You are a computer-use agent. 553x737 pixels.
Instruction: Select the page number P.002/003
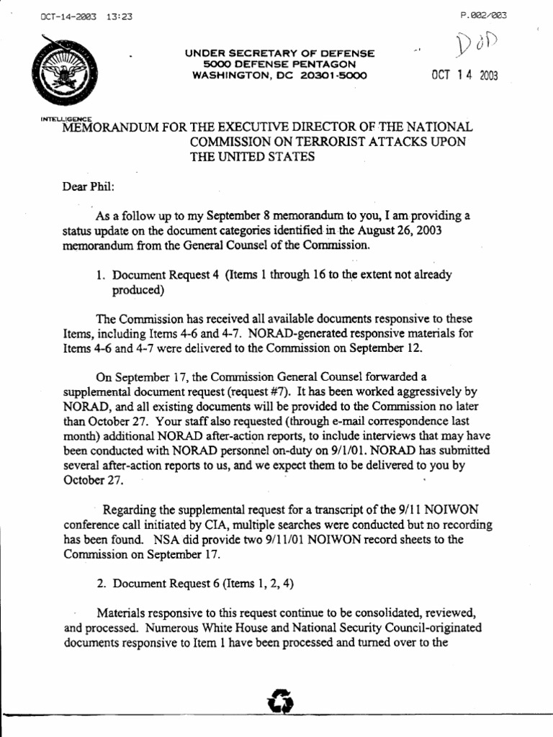482,17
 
